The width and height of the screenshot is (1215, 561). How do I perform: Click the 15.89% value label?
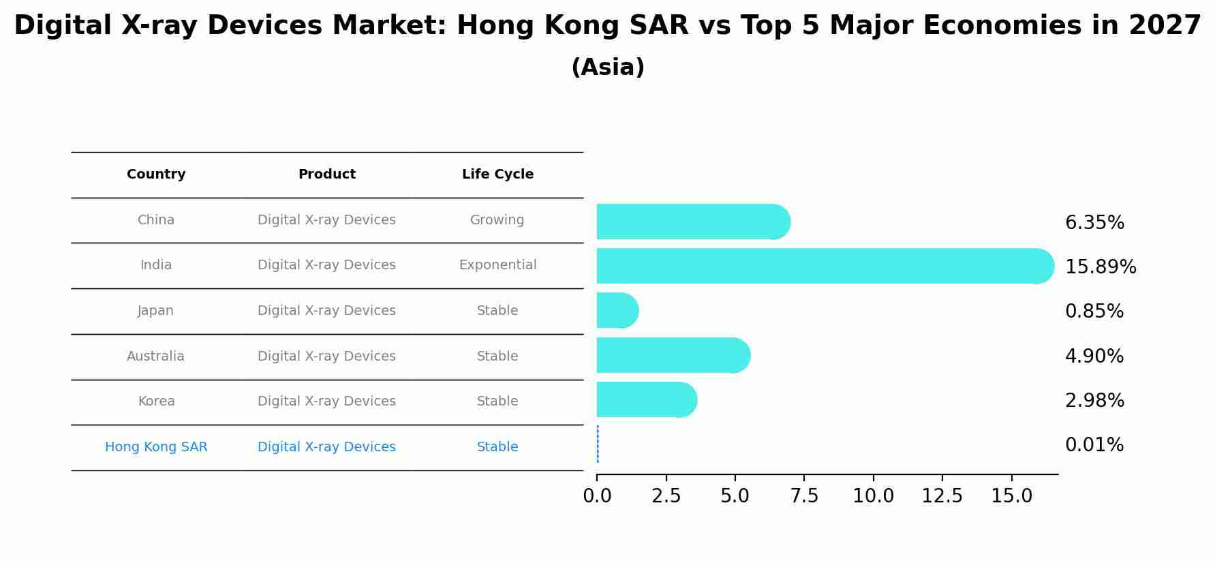[x=1100, y=267]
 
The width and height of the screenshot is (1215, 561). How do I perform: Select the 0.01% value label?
[x=1094, y=445]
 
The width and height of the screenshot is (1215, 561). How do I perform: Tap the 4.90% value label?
[x=1094, y=357]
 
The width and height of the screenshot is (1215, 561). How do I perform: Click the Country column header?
[x=156, y=175]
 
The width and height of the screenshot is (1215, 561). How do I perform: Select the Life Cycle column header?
[x=497, y=175]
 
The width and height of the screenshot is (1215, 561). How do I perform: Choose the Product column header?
[x=326, y=175]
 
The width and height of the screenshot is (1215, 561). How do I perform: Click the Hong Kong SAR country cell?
[x=156, y=447]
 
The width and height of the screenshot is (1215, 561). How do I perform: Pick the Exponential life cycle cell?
[x=497, y=265]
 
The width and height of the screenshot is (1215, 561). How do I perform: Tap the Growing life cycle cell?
[x=497, y=220]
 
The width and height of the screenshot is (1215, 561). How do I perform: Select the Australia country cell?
[x=155, y=357]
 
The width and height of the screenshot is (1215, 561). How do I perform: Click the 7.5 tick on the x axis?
[x=804, y=496]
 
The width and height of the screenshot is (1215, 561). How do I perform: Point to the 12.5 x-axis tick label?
[x=942, y=496]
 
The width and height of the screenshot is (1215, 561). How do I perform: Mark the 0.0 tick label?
[x=597, y=496]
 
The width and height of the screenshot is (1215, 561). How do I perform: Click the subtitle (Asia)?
[x=607, y=67]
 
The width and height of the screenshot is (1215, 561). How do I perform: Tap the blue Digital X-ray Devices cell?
[x=326, y=447]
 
